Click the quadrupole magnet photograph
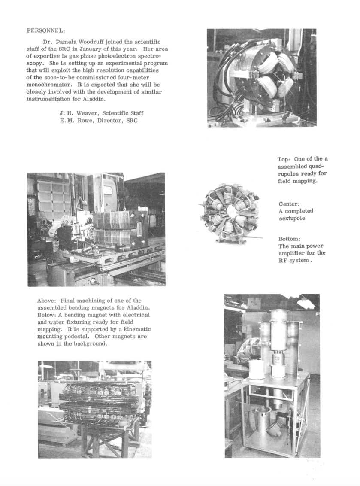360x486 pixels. (261, 77)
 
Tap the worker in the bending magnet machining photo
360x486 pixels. (65, 235)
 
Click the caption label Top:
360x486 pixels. (285, 159)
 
